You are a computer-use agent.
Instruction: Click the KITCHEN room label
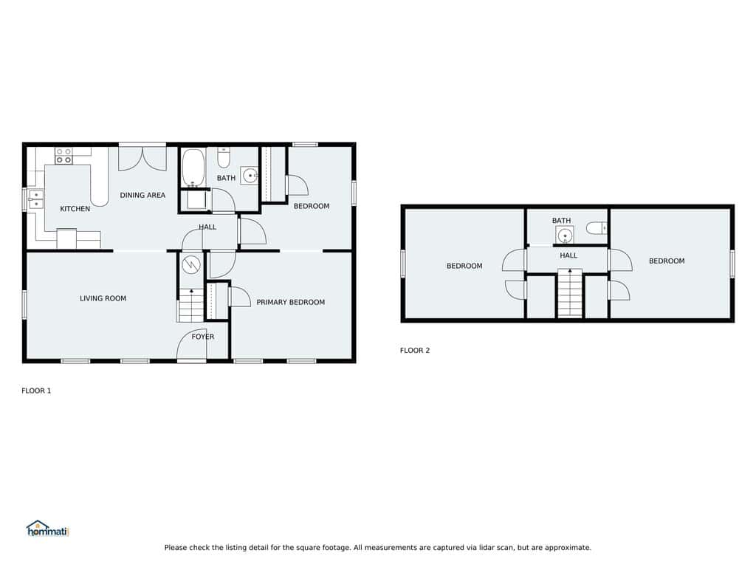tap(75, 209)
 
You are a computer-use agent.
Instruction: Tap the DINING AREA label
tap(142, 195)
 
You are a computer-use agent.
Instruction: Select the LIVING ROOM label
tap(103, 298)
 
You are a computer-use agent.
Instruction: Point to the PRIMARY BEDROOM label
tap(290, 302)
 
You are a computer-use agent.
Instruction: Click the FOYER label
tap(202, 337)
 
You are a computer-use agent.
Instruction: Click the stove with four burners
tap(63, 156)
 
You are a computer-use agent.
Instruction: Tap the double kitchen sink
tap(36, 200)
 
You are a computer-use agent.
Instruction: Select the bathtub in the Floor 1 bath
tap(193, 168)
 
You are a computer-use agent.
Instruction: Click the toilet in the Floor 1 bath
tap(224, 157)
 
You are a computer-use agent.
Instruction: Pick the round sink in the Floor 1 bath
tap(250, 176)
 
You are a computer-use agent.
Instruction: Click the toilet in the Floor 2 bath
tap(597, 227)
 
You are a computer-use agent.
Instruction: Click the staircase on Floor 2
tap(570, 292)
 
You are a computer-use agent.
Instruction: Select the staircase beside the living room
tap(191, 305)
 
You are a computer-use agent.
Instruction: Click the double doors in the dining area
tap(142, 159)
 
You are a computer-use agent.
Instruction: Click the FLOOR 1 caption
tap(36, 391)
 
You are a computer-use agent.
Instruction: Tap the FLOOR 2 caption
tap(415, 351)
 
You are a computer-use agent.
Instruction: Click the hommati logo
tap(48, 529)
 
